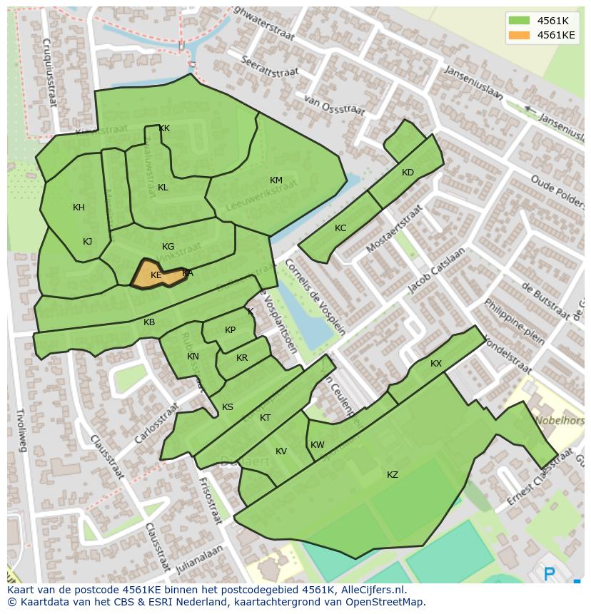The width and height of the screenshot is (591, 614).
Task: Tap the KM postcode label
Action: [x=276, y=180]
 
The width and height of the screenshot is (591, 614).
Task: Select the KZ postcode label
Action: [x=393, y=475]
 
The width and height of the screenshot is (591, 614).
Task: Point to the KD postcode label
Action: [x=408, y=173]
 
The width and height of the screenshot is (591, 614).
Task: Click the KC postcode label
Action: [x=340, y=228]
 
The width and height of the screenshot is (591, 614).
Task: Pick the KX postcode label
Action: [x=436, y=364]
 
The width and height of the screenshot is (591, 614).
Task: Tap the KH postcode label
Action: [x=79, y=208]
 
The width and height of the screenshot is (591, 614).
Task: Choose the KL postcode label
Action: [x=163, y=188]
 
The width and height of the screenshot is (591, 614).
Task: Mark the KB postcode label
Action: [x=149, y=322]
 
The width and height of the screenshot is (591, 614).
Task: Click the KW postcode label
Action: [x=318, y=445]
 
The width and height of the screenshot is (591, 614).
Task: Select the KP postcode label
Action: [x=230, y=330]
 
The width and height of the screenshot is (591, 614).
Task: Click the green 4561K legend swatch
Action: [x=519, y=20]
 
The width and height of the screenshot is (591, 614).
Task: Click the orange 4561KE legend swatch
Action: [x=519, y=34]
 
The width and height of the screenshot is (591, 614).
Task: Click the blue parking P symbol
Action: [x=550, y=574]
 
